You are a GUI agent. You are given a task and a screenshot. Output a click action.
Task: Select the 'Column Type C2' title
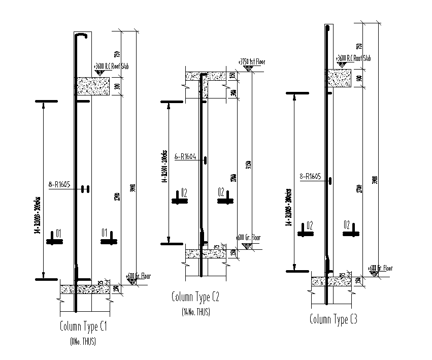195,297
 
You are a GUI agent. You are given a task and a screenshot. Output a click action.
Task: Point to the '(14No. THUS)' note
195,312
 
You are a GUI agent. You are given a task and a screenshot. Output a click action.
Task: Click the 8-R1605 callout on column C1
59,185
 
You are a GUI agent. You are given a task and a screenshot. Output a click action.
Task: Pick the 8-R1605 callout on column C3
311,177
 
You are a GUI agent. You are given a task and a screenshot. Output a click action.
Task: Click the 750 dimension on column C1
117,54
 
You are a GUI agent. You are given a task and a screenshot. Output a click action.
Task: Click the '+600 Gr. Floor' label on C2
248,238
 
